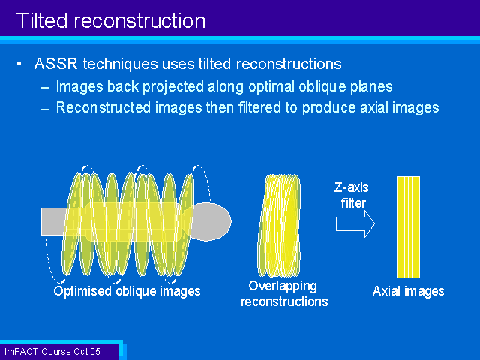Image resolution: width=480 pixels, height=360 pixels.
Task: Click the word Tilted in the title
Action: coord(42,21)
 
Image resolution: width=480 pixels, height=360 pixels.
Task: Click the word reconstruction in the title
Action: coord(139,22)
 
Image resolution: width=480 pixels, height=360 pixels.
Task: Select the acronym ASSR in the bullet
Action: coord(55,64)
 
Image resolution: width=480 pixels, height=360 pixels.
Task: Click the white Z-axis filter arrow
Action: coord(355,223)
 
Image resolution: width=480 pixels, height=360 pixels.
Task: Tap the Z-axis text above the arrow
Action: coord(352,187)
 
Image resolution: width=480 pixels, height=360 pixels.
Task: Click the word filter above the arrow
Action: coord(353,203)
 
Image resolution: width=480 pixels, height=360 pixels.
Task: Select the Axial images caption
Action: coord(408,291)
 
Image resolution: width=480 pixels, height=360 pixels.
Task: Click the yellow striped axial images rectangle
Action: coord(408,226)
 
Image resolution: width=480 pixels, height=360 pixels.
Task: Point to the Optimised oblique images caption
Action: coord(127,291)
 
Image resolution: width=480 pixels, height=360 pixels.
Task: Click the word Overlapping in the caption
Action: coord(283,286)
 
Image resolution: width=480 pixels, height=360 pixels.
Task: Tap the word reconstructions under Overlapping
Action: coord(284,301)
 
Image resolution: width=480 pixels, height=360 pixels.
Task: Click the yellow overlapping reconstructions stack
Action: coord(279,225)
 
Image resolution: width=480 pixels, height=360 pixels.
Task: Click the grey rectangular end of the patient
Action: coord(52,222)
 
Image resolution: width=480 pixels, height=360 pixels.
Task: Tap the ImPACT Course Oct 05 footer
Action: coord(52,352)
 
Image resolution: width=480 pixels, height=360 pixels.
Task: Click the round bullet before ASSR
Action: coord(19,64)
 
